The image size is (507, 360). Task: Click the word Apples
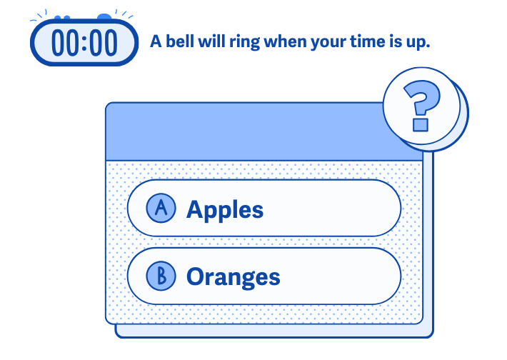[225, 210]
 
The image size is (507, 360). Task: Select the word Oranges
[233, 277]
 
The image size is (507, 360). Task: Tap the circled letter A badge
[161, 208]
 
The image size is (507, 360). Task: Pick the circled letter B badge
[161, 276]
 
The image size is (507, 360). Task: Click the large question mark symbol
[421, 106]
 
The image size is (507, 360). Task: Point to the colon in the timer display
[84, 43]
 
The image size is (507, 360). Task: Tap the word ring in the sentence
[244, 43]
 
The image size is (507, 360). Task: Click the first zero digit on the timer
[59, 43]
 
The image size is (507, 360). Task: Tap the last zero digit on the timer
[110, 43]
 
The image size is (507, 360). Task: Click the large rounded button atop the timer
[104, 16]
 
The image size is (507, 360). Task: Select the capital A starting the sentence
[156, 41]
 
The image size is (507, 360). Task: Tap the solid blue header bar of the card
[245, 131]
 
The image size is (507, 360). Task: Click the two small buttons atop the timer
[62, 17]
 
